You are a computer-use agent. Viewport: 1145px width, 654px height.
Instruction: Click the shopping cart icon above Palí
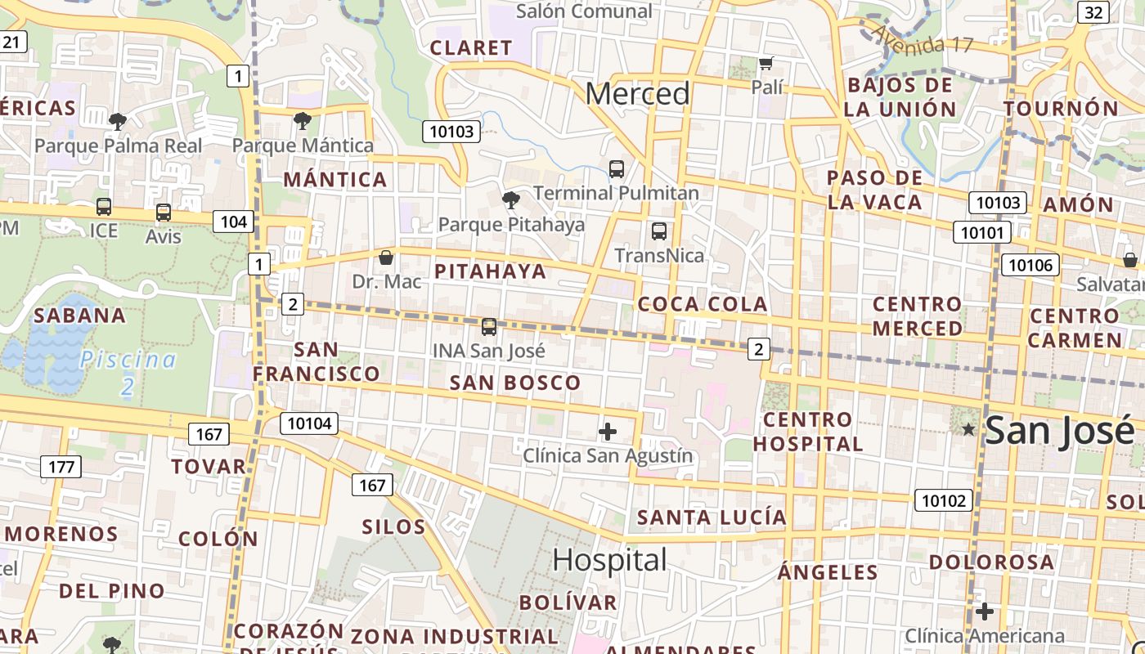766,64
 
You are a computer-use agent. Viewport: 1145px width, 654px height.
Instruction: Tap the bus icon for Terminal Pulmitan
617,169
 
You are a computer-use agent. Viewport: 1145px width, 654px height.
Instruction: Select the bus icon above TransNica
659,231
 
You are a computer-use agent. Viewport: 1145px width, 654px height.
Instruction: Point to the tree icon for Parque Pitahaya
511,199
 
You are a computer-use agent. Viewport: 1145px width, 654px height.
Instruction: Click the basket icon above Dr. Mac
386,258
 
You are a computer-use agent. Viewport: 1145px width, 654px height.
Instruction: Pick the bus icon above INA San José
489,327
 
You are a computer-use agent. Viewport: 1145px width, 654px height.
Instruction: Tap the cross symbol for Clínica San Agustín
608,432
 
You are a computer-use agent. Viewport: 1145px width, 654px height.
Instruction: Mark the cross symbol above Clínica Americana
985,611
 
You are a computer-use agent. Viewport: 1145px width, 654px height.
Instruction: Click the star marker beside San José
969,429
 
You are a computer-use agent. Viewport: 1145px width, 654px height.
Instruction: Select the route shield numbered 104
233,221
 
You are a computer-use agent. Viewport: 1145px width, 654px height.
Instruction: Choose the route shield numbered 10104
309,423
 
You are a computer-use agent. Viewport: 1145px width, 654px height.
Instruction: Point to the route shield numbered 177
61,467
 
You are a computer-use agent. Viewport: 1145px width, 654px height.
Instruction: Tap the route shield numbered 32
1093,12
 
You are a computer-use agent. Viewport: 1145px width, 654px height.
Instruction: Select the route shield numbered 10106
1031,264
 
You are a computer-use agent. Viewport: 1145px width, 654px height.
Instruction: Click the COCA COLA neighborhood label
703,304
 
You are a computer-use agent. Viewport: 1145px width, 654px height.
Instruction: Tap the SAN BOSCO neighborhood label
515,383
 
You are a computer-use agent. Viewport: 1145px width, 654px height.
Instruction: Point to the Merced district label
638,94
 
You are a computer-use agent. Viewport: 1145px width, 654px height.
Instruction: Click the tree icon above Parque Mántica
303,121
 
